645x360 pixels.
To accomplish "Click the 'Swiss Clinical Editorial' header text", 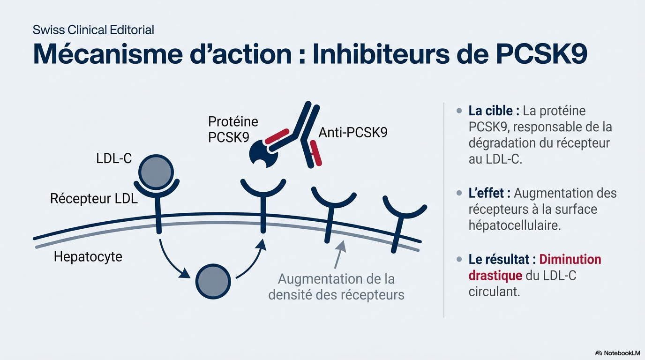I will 93,30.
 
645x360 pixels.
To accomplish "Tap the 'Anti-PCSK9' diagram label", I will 353,133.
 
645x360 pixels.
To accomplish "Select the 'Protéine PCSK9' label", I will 233,129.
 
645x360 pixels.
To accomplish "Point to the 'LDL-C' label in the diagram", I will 114,158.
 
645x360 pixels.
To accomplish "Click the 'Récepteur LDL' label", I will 94,199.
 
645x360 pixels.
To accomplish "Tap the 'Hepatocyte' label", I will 88,256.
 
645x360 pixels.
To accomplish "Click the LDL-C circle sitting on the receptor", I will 156,171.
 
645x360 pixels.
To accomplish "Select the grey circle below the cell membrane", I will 213,281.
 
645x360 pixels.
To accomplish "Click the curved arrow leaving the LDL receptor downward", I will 171,260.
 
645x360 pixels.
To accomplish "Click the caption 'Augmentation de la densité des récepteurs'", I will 336,287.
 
